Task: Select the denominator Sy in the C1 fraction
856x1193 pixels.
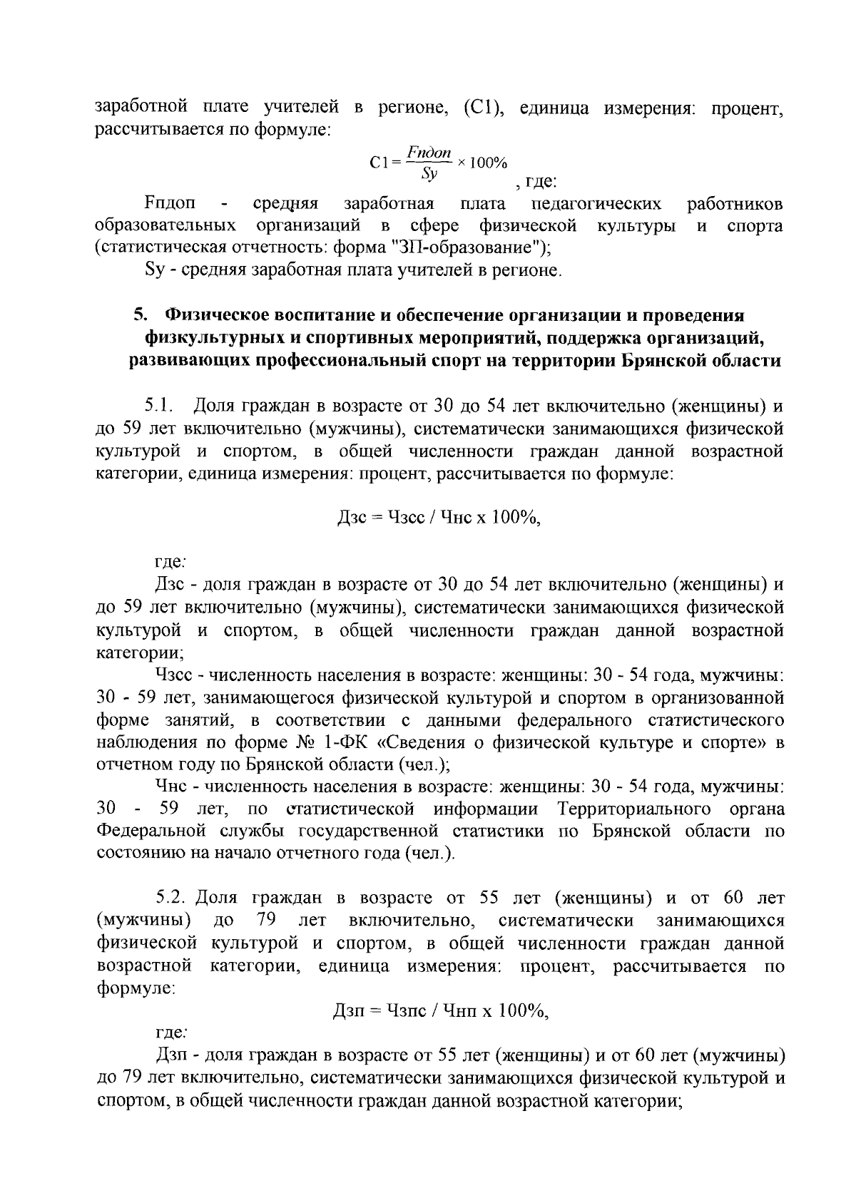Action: point(428,173)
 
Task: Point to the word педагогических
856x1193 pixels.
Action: point(596,205)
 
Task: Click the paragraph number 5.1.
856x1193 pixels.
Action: point(160,407)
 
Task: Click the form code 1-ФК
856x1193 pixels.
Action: point(345,742)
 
